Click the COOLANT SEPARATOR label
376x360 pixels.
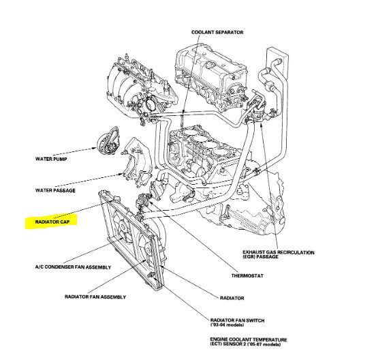(217, 33)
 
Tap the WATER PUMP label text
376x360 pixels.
(51, 159)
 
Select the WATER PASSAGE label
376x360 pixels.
(55, 190)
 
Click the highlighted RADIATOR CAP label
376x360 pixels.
(52, 222)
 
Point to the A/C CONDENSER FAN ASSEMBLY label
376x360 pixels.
(73, 267)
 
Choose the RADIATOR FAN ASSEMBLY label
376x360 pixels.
(95, 297)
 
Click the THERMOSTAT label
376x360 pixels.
(247, 275)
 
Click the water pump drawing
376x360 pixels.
(108, 140)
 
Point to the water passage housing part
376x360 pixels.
(137, 162)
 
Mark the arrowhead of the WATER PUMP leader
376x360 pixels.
(95, 149)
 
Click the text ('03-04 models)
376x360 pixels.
(227, 325)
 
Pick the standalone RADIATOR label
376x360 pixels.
(232, 298)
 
